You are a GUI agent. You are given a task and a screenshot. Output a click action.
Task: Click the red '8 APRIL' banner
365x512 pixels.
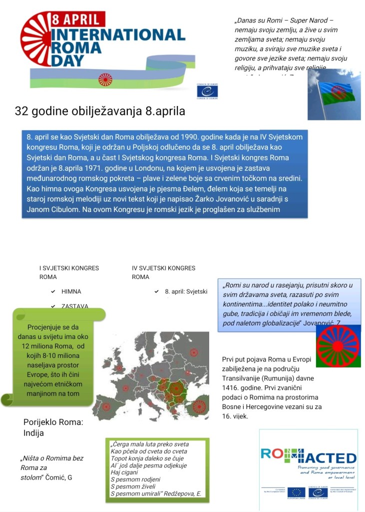tap(77, 20)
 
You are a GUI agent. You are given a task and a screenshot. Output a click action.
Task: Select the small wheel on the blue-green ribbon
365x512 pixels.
tap(105, 79)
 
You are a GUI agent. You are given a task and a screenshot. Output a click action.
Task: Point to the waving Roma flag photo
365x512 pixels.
tap(334, 94)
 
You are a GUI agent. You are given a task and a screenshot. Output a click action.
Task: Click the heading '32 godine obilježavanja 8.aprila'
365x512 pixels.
tap(100, 111)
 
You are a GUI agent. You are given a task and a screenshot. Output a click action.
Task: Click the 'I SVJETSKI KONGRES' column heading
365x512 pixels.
tap(69, 268)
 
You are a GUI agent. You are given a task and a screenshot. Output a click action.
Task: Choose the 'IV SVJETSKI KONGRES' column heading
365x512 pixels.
tap(163, 268)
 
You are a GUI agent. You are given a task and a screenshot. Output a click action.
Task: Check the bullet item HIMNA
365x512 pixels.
tap(71, 291)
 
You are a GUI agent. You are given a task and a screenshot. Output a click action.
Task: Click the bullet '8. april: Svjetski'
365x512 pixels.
tap(186, 291)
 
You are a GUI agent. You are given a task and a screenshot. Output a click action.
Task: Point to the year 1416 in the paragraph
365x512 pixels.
tap(232, 387)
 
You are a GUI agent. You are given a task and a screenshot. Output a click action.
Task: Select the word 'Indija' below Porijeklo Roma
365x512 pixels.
tap(34, 433)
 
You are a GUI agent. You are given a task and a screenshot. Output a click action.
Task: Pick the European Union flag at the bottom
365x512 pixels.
tap(296, 492)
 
